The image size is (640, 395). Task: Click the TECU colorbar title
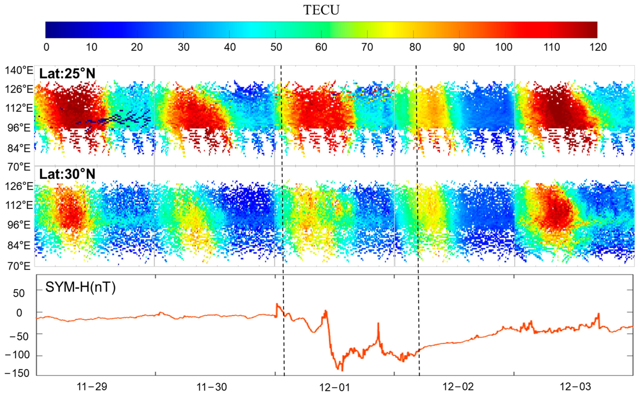click(321, 10)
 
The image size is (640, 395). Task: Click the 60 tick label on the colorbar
click(321, 47)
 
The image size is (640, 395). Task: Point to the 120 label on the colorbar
click(598, 47)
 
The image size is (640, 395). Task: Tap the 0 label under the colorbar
click(46, 47)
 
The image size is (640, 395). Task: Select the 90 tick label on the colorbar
click(459, 47)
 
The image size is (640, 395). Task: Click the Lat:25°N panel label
click(67, 74)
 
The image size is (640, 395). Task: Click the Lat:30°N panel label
click(67, 174)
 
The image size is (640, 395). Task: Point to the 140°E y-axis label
click(19, 71)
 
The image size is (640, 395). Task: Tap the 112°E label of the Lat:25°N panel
click(19, 108)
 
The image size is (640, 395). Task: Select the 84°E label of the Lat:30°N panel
click(19, 246)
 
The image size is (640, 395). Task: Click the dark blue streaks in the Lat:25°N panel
click(123, 119)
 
